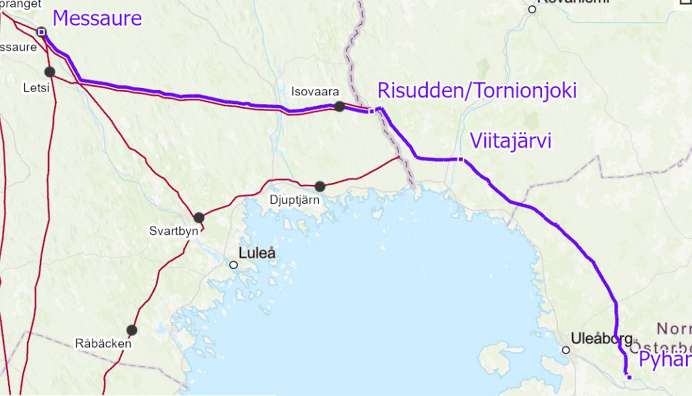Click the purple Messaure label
[x=97, y=19]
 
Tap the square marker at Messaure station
[x=42, y=32]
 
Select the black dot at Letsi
[x=49, y=72]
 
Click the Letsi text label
[x=37, y=88]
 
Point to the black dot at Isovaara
[x=340, y=106]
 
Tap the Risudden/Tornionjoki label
[x=477, y=91]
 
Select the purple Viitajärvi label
[x=510, y=141]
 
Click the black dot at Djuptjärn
[x=320, y=187]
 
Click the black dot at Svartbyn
[x=199, y=217]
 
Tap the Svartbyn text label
[x=173, y=231]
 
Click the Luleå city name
[x=257, y=253]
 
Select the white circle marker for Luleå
[x=234, y=265]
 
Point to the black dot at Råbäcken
[x=131, y=330]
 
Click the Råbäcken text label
[x=103, y=343]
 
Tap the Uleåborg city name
[x=602, y=339]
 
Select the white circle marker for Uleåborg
[x=565, y=350]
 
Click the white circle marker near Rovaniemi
[x=532, y=9]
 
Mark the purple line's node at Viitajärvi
[x=461, y=159]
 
